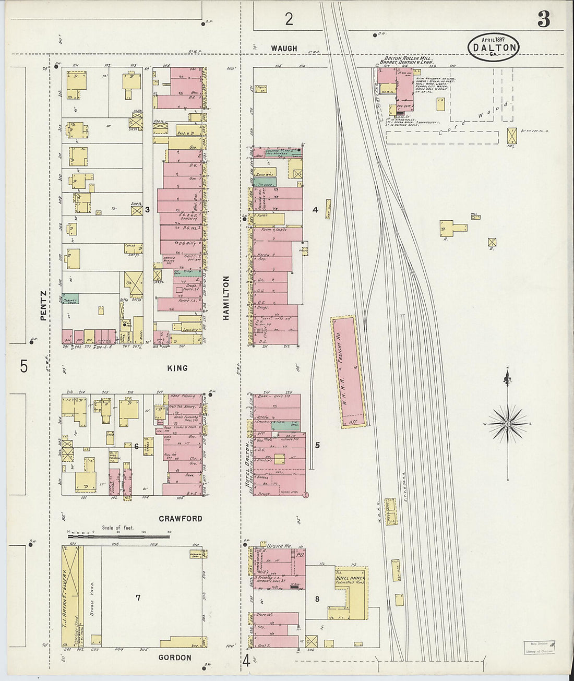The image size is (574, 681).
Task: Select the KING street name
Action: click(x=177, y=368)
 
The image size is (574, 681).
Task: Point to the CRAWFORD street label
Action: click(x=181, y=519)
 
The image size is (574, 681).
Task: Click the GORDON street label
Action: click(x=175, y=658)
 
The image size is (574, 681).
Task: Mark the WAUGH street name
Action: click(x=284, y=49)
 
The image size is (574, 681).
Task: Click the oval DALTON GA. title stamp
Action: click(x=493, y=47)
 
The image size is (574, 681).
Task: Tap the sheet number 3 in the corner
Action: click(x=543, y=19)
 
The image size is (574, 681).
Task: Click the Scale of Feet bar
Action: click(x=119, y=534)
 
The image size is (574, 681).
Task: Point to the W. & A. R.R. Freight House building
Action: click(x=349, y=372)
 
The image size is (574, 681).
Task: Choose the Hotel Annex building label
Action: click(x=351, y=579)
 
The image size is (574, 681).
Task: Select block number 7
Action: click(x=138, y=598)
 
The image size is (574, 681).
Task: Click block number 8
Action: click(x=317, y=599)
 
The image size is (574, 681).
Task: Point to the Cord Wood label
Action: click(x=472, y=121)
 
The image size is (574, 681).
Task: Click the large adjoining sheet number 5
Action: click(x=23, y=366)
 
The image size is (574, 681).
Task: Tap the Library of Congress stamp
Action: click(x=540, y=648)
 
